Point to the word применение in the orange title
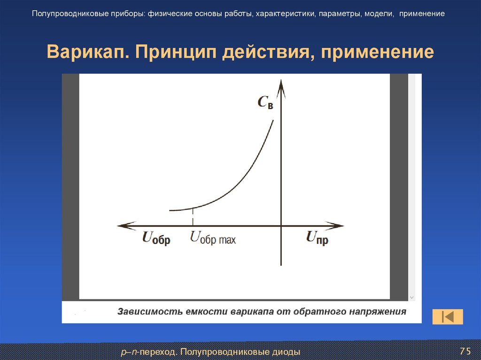click(x=377, y=52)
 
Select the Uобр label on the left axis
click(x=156, y=239)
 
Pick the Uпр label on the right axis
click(x=317, y=239)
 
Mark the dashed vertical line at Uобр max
click(x=192, y=217)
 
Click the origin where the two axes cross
click(x=281, y=226)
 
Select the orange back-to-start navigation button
click(x=447, y=317)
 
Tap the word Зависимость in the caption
click(x=148, y=312)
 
